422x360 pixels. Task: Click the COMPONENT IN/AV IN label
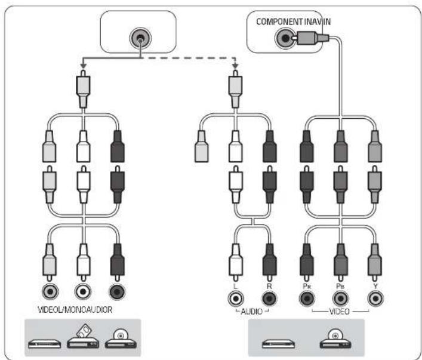click(x=293, y=21)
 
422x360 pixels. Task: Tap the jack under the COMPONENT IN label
click(x=285, y=38)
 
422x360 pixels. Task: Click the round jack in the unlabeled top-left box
click(x=140, y=38)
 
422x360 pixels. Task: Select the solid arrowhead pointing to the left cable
click(x=84, y=66)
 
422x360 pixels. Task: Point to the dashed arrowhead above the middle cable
click(x=236, y=66)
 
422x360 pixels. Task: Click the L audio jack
click(x=236, y=299)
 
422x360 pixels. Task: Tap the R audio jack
click(x=270, y=299)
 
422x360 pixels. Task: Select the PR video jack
click(x=307, y=299)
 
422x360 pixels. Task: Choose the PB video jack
click(x=340, y=299)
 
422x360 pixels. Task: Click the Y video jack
click(x=375, y=299)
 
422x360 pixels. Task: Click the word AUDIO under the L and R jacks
click(x=251, y=312)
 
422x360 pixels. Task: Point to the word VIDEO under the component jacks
click(x=340, y=312)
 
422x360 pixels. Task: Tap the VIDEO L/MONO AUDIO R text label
click(x=75, y=310)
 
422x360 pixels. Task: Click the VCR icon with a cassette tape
click(x=83, y=336)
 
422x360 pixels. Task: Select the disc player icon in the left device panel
click(x=121, y=339)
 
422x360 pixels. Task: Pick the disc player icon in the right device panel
click(x=335, y=339)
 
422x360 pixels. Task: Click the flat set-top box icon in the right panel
click(x=279, y=343)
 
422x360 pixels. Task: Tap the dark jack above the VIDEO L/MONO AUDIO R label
click(x=117, y=291)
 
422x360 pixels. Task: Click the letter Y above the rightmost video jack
click(x=375, y=286)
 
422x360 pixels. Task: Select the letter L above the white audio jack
click(x=235, y=286)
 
